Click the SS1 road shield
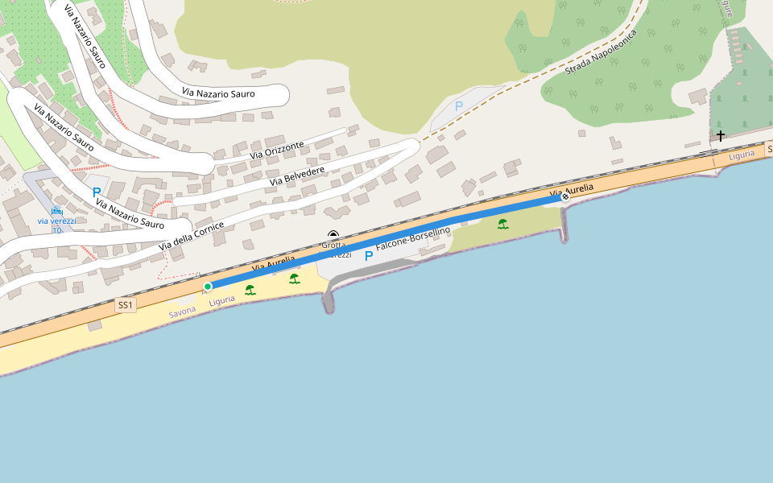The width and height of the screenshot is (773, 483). pyautogui.click(x=125, y=305)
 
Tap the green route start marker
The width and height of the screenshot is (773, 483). pyautogui.click(x=208, y=287)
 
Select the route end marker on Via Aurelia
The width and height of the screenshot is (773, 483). pyautogui.click(x=566, y=196)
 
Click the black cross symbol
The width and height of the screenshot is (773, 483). pyautogui.click(x=720, y=135)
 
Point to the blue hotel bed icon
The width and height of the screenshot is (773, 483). pyautogui.click(x=56, y=211)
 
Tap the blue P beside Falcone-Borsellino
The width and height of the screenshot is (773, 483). pyautogui.click(x=369, y=256)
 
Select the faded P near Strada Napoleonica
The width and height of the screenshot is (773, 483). pyautogui.click(x=459, y=106)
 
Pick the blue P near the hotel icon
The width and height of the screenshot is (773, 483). pyautogui.click(x=97, y=192)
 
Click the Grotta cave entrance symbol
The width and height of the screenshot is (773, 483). pyautogui.click(x=333, y=235)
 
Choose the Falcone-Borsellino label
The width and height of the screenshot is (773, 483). pyautogui.click(x=413, y=242)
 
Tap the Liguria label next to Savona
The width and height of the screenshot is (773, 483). pyautogui.click(x=221, y=300)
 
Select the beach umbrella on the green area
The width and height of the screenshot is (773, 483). pyautogui.click(x=502, y=224)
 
